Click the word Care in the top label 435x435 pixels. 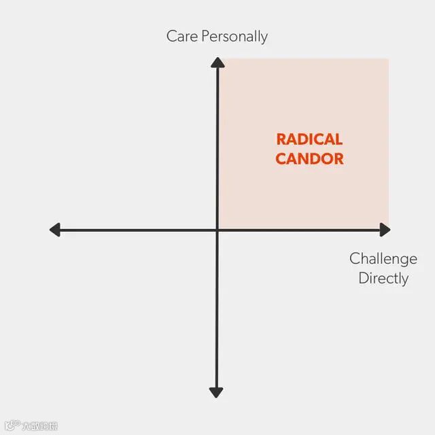(x=181, y=37)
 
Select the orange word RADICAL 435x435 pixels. (x=309, y=139)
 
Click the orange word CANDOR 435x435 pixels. (x=309, y=160)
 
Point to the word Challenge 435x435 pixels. (x=383, y=259)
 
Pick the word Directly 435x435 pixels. (x=383, y=279)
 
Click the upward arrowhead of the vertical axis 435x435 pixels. (x=217, y=63)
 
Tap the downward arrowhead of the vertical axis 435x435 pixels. (x=217, y=392)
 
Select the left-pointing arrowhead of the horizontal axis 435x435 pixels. (x=55, y=230)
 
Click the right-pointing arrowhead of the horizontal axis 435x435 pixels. (x=385, y=230)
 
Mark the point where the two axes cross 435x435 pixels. (x=217, y=230)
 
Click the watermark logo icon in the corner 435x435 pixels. (x=11, y=425)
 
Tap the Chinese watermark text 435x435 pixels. (x=39, y=426)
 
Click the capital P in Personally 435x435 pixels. (x=205, y=36)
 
